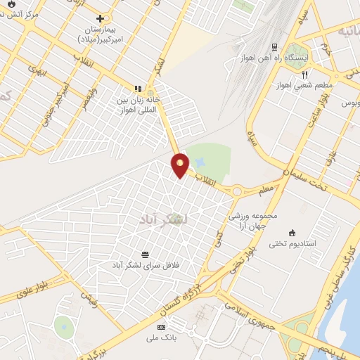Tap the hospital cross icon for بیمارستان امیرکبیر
(101, 18)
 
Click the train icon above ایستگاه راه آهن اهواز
(274, 47)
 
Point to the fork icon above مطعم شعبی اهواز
(305, 74)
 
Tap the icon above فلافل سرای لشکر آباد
(146, 254)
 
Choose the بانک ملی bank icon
(162, 327)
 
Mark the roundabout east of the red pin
(237, 191)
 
